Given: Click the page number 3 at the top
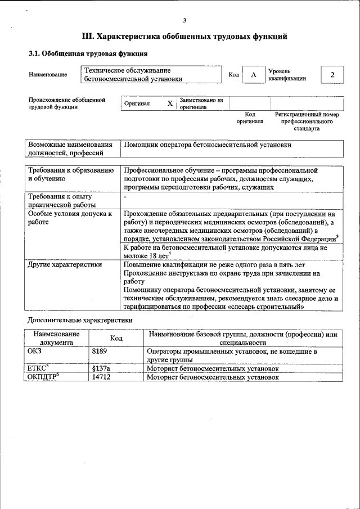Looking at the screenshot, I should click(184, 20).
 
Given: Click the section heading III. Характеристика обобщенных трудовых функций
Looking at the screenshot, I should click(184, 37).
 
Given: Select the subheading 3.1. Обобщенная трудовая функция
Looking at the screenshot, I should click(88, 54).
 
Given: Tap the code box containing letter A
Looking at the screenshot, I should click(254, 75).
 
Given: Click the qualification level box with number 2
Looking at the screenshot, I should click(332, 75).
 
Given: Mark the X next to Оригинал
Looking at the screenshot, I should click(170, 103).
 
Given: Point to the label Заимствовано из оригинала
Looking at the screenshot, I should click(201, 103).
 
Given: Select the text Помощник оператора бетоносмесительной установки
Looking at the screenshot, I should click(208, 145).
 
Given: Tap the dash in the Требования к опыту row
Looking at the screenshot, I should click(125, 197).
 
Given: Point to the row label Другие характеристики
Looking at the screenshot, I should click(65, 264).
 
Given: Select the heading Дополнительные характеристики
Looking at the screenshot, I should click(80, 319).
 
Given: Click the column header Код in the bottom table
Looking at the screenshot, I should click(116, 337).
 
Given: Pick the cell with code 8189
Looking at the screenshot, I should click(99, 351).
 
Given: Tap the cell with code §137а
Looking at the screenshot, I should click(101, 368).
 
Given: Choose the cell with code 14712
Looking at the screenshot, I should click(101, 377).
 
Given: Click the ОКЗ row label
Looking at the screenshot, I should click(35, 351).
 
